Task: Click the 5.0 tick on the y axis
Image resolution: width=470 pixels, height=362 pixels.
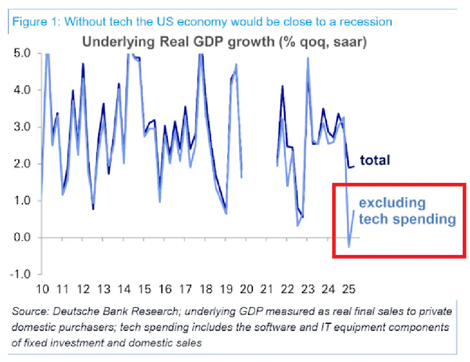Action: (20, 53)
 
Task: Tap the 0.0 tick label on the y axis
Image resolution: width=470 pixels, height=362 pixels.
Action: (20, 238)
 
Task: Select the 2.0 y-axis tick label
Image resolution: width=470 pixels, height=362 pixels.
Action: (20, 164)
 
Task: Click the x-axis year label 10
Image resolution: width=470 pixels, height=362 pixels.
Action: (42, 288)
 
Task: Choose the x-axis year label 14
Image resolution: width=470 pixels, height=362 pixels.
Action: (124, 288)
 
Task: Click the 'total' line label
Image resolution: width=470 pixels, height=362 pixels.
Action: (375, 160)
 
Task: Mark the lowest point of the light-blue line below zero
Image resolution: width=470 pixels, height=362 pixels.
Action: (349, 247)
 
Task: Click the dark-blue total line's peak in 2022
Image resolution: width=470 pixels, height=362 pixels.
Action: (283, 86)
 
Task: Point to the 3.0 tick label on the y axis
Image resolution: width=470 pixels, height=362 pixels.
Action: (20, 127)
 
